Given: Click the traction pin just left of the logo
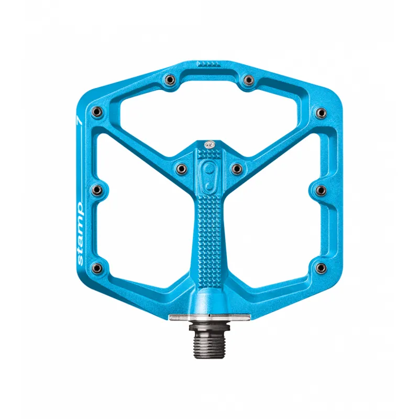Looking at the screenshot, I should (x=181, y=168).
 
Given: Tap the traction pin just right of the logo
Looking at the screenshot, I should (x=237, y=168).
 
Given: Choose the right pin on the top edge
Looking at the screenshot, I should (x=248, y=80).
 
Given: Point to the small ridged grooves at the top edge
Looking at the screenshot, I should (x=208, y=63).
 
